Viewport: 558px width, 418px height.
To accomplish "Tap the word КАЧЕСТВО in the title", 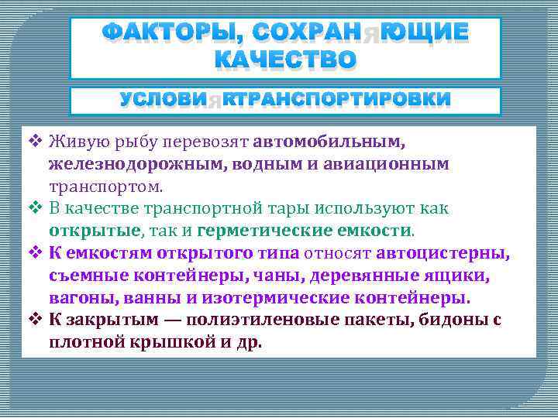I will click(285, 59).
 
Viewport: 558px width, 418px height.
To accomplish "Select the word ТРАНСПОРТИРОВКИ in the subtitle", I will click(340, 100).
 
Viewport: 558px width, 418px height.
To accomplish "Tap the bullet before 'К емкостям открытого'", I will click(35, 252).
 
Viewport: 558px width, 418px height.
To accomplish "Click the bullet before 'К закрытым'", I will click(35, 320).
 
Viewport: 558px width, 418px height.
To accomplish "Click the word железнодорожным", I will click(125, 164).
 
